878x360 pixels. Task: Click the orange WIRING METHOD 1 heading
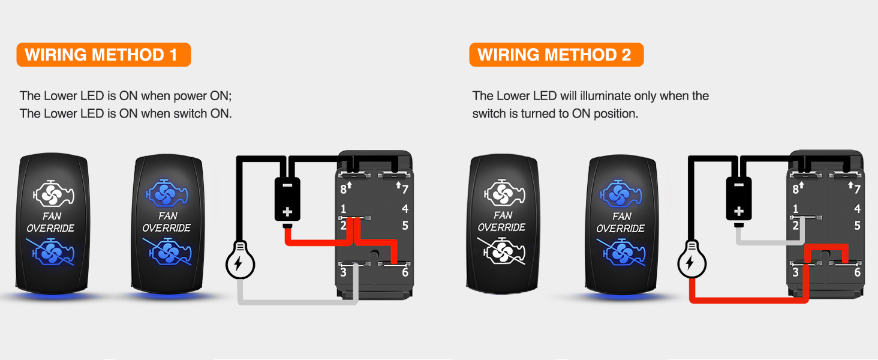pyautogui.click(x=103, y=55)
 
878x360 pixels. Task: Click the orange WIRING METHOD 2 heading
pyautogui.click(x=556, y=55)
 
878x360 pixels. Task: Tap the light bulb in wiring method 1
pyautogui.click(x=240, y=262)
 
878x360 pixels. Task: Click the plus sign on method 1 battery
pyautogui.click(x=287, y=212)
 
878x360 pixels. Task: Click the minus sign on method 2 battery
pyautogui.click(x=739, y=185)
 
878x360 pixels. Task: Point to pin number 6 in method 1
pyautogui.click(x=405, y=272)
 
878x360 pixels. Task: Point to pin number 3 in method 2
pyautogui.click(x=795, y=272)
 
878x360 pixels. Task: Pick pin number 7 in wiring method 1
pyautogui.click(x=405, y=190)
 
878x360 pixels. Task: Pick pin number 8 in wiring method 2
pyautogui.click(x=795, y=190)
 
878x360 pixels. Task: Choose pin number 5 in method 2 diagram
pyautogui.click(x=857, y=226)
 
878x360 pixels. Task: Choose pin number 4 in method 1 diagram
pyautogui.click(x=405, y=209)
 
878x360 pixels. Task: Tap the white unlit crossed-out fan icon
pyautogui.click(x=503, y=251)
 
